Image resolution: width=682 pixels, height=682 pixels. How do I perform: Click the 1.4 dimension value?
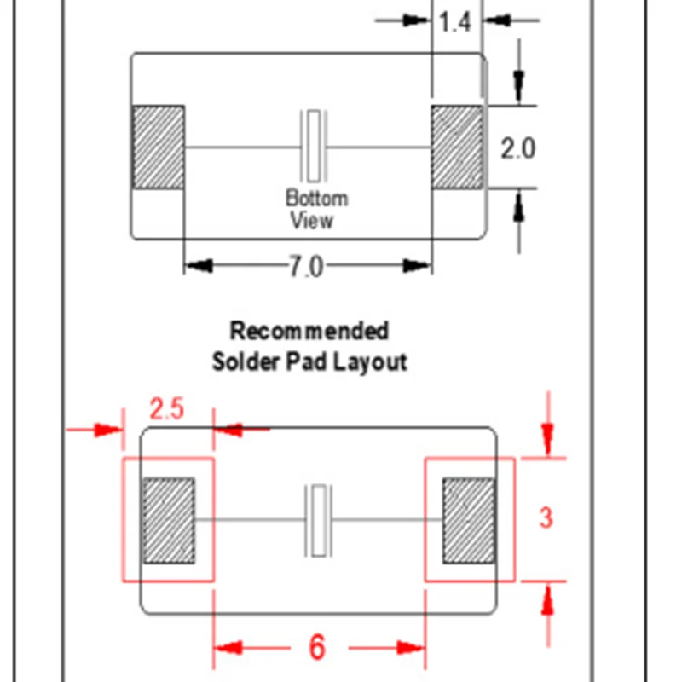tap(455, 22)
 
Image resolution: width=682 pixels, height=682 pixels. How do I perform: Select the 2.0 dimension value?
tap(517, 148)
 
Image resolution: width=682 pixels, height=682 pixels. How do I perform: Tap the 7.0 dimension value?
tap(305, 267)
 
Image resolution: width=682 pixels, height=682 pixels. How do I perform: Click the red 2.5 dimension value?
tap(166, 409)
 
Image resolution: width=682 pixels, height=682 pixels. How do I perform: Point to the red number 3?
tap(546, 517)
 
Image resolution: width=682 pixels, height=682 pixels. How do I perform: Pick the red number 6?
tap(316, 648)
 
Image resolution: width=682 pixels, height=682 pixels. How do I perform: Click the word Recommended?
tap(309, 331)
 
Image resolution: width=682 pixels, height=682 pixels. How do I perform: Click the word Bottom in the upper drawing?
tap(316, 199)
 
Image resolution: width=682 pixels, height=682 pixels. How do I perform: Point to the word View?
tap(311, 220)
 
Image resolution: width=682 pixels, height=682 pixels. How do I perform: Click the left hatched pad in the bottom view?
tap(158, 147)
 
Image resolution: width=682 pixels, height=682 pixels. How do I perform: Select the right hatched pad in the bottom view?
tap(457, 147)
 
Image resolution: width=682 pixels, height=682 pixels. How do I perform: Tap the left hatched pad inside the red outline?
tap(168, 520)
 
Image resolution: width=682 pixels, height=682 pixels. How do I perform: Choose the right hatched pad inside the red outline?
tap(467, 520)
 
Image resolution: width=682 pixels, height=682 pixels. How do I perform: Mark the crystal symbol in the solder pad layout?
tap(317, 520)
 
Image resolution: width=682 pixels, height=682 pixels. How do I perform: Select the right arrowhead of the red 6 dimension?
tap(413, 649)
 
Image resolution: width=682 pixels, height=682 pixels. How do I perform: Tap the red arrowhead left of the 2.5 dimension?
tap(109, 430)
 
